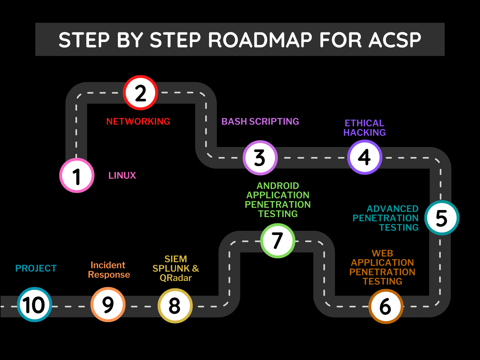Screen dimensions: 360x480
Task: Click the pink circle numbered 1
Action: point(77,175)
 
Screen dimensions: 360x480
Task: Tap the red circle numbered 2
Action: point(140,93)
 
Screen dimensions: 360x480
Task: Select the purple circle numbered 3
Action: point(260,157)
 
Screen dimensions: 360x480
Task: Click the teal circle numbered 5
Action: point(442,217)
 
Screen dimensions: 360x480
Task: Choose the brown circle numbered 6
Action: point(385,306)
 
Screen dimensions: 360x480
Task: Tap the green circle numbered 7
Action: point(277,240)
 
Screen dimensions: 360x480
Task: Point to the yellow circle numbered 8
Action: point(175,306)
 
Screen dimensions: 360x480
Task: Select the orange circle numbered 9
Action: point(108,304)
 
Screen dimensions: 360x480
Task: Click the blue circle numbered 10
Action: point(34,304)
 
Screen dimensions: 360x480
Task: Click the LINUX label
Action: point(122,175)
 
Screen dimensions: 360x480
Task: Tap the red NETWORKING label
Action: point(138,121)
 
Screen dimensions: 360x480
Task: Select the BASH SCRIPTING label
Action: point(260,121)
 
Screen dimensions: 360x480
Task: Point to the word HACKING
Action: point(364,133)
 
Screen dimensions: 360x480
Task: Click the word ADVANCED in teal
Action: point(392,209)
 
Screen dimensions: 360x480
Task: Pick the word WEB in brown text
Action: point(382,253)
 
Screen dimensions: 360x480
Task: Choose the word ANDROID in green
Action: point(278,186)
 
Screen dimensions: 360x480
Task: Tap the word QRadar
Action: point(175,278)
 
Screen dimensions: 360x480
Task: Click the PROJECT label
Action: point(36,268)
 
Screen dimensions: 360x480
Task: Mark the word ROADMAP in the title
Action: point(260,40)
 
